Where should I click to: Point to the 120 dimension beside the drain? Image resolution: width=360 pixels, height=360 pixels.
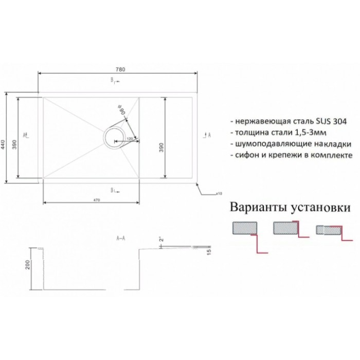[x=130, y=139]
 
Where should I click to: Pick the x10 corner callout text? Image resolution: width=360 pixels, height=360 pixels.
[x=218, y=194]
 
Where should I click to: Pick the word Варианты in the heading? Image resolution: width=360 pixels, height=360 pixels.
[x=258, y=209]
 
